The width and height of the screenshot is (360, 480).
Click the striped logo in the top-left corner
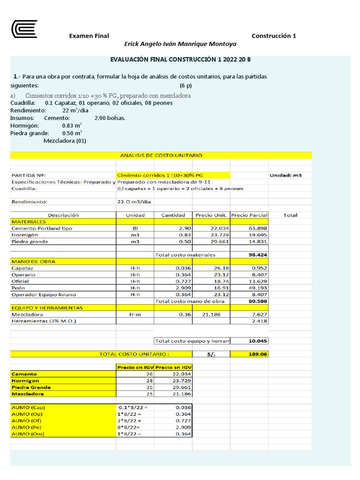click(24, 29)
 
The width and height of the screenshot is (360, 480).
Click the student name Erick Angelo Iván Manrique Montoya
click(180, 44)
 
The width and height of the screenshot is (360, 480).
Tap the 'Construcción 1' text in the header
click(274, 36)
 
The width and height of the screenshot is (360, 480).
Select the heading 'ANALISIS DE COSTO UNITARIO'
click(161, 155)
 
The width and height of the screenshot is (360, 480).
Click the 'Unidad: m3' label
click(285, 175)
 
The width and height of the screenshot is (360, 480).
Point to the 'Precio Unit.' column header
click(211, 215)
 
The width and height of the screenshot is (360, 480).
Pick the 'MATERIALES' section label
click(29, 221)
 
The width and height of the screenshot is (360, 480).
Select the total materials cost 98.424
click(258, 255)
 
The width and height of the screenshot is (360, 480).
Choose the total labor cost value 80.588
click(258, 301)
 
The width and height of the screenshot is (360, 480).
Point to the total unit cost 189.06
click(258, 354)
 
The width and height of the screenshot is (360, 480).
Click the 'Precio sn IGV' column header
click(173, 367)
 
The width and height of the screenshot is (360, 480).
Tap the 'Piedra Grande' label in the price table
click(31, 387)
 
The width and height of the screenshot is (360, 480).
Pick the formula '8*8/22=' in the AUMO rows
click(129, 427)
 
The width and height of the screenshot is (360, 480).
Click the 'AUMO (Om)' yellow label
click(28, 434)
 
